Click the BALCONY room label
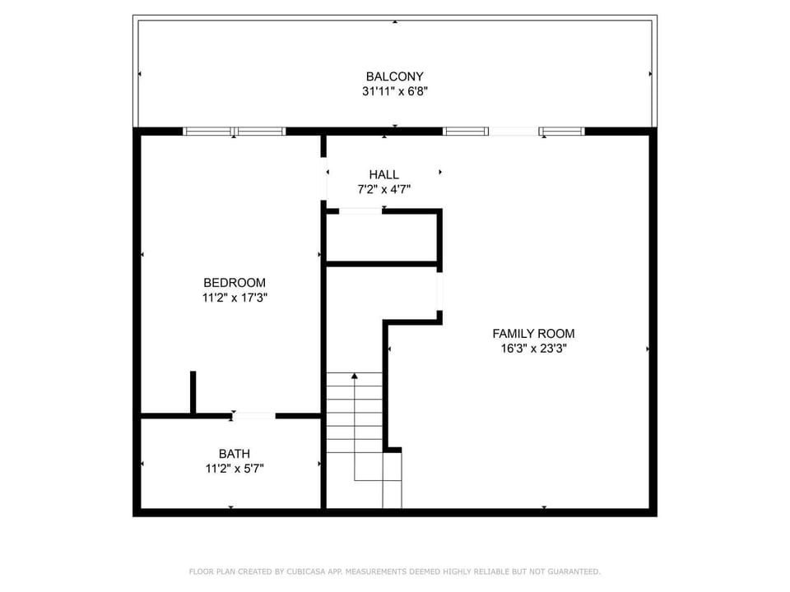pos(394,76)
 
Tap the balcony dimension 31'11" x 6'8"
pos(394,91)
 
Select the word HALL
pos(384,174)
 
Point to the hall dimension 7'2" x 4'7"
pos(384,190)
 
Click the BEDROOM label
pos(235,283)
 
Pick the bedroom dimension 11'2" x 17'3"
pos(235,298)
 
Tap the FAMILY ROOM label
pos(533,334)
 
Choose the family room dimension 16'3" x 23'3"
pos(533,349)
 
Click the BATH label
pos(235,454)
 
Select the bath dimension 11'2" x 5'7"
pos(235,469)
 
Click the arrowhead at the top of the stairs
pos(355,376)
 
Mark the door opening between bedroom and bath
pos(254,416)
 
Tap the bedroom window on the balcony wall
pos(235,132)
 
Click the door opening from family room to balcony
pos(513,132)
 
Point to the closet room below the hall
pos(381,238)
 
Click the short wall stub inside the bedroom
pos(193,392)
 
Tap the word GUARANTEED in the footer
pos(574,572)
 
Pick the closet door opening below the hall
pos(360,211)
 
